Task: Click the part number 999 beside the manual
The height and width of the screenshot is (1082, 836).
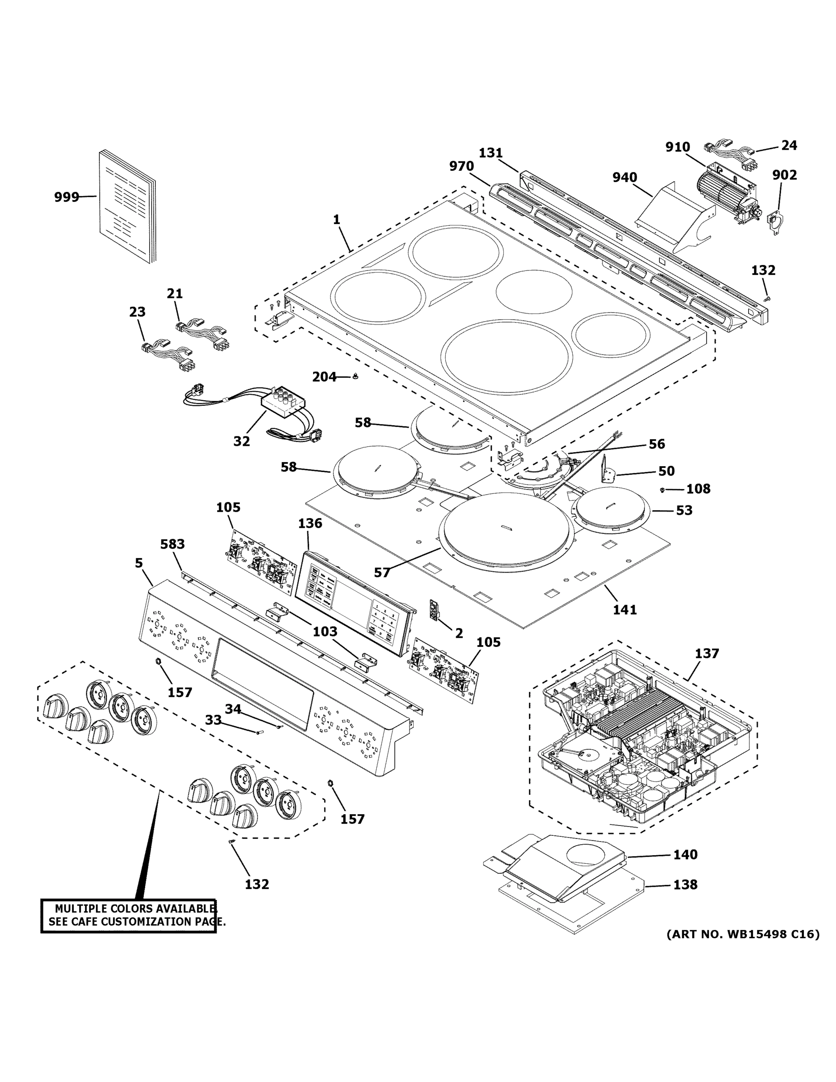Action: click(66, 197)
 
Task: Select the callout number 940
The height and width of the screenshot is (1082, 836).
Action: click(625, 177)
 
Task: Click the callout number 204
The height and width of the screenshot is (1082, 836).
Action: click(324, 377)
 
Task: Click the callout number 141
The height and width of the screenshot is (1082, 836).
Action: click(625, 610)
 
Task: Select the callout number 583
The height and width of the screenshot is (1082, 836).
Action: click(172, 544)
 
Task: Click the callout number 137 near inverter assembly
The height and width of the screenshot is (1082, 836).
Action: click(706, 653)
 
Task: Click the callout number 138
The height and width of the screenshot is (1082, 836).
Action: click(685, 885)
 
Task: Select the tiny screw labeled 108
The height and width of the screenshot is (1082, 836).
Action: click(662, 490)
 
